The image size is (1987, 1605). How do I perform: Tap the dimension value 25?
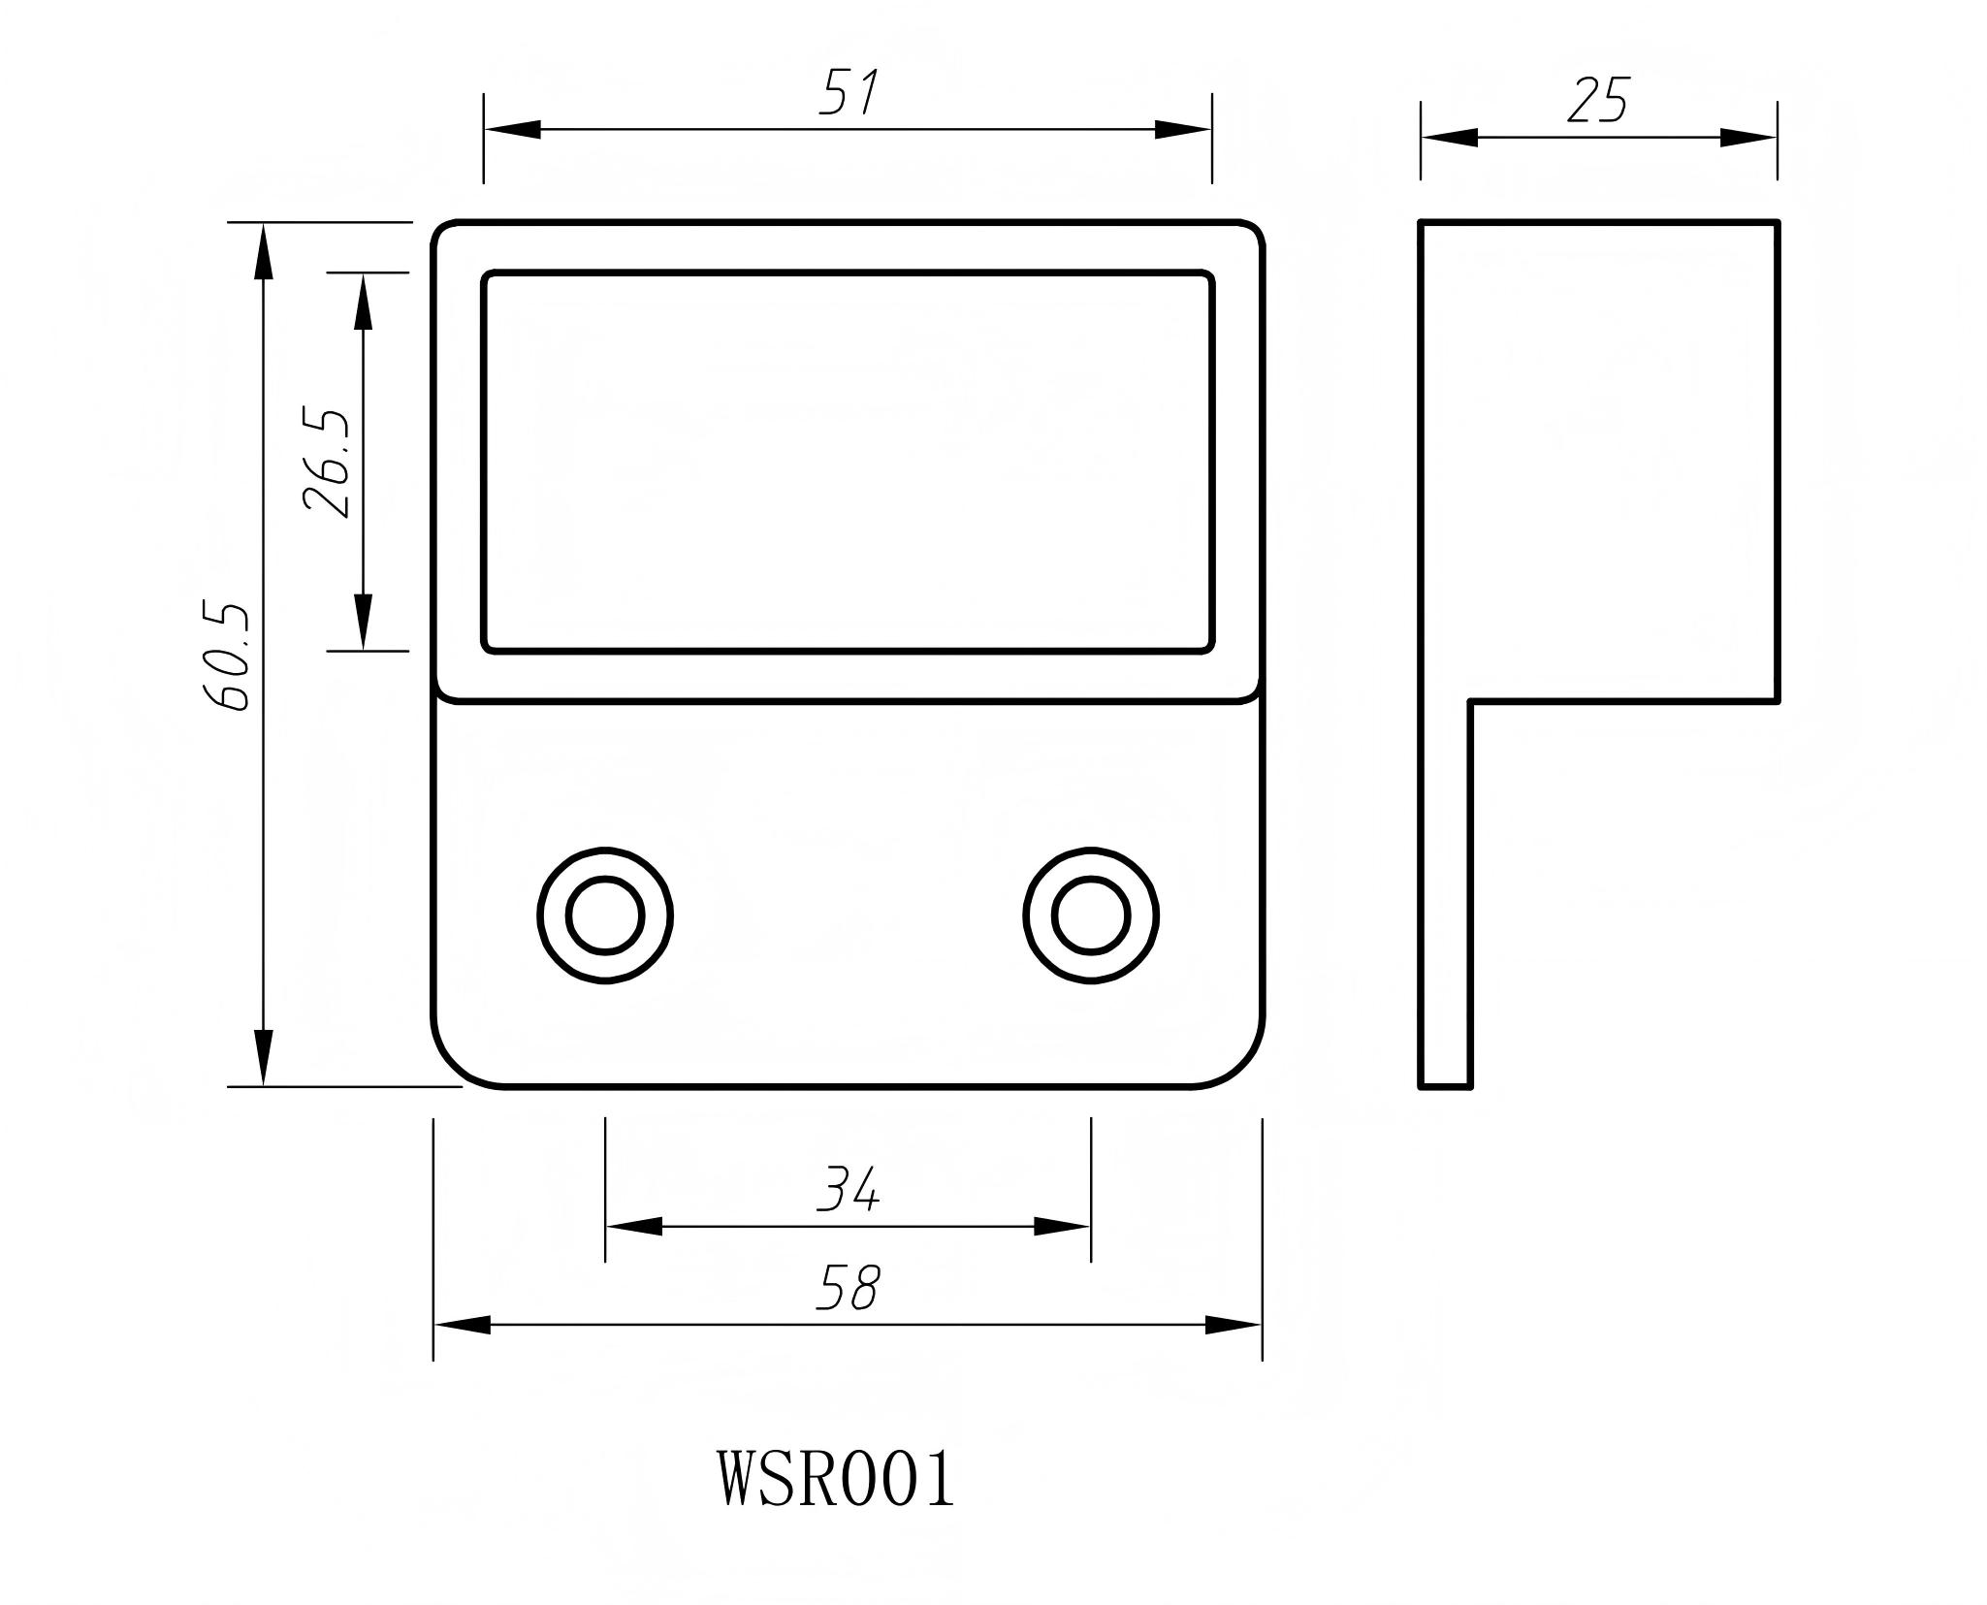(x=1597, y=101)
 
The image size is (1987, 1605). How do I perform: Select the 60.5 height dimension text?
(x=227, y=657)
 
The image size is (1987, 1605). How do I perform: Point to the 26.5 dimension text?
(x=326, y=463)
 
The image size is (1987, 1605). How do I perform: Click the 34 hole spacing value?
(x=848, y=1190)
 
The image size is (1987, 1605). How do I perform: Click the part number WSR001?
(x=836, y=1479)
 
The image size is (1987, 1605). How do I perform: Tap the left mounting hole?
(x=605, y=915)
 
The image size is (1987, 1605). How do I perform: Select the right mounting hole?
(x=1091, y=915)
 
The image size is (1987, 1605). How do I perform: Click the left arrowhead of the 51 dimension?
(x=511, y=129)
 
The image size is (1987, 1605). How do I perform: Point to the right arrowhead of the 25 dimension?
(x=1749, y=138)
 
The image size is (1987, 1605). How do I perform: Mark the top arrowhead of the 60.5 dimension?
(x=263, y=252)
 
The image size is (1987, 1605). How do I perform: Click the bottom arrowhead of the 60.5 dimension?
(x=263, y=1057)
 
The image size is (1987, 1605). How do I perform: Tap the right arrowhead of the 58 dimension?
(x=1234, y=1325)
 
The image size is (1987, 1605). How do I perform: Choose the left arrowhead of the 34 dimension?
(x=633, y=1227)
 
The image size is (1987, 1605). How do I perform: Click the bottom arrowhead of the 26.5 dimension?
(x=363, y=622)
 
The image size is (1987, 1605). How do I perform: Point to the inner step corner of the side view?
(x=1471, y=700)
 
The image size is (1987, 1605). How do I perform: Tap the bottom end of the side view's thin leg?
(x=1445, y=1085)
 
